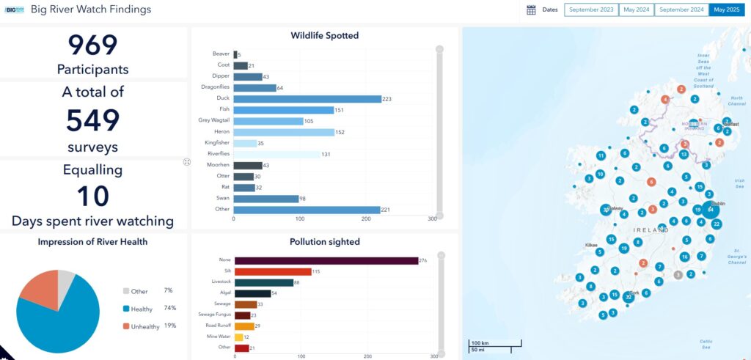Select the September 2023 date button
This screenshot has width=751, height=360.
coord(591,10)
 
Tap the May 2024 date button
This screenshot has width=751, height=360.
coord(636,10)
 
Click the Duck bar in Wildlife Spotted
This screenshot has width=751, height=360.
coord(307,99)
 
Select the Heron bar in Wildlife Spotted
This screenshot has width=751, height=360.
coord(283,132)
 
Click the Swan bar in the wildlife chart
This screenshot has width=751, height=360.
coord(265,199)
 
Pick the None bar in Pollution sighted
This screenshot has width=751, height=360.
coord(326,260)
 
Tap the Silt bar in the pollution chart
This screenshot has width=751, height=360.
coord(273,272)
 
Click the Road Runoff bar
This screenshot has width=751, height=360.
coord(244,326)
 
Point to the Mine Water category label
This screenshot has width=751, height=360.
coord(216,337)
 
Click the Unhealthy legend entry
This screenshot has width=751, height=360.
coord(144,326)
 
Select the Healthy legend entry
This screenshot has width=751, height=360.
coord(141,309)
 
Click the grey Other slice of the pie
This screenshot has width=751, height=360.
coord(66,279)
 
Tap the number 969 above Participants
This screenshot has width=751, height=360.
coord(92,45)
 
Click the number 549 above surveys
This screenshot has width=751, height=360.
coord(92,120)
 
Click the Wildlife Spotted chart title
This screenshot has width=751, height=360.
coord(324,35)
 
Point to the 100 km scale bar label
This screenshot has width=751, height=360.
coord(480,343)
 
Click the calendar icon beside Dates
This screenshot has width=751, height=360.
coord(531,10)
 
